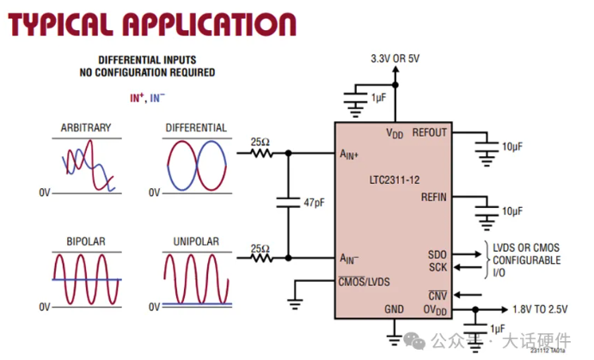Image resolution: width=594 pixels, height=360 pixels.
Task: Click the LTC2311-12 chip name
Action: point(395,180)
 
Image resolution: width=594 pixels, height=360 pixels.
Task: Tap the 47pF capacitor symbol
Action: point(288,203)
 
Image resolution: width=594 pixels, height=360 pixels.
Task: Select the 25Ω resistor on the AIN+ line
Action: point(261,153)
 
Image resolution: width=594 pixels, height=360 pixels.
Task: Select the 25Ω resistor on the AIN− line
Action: point(261,258)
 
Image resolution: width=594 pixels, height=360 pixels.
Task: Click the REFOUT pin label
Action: point(429,132)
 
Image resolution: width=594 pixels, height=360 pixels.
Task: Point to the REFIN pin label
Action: point(434,198)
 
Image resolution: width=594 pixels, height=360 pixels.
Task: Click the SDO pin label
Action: point(438,254)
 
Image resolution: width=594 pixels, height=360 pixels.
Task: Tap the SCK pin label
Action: point(438,267)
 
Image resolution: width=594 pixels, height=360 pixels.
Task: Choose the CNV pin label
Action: point(438,296)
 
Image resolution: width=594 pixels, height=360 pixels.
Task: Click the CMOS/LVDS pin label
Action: point(364,282)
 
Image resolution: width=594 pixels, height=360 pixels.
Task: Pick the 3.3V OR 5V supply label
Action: point(395,58)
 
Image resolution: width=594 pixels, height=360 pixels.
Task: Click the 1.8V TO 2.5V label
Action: point(540,309)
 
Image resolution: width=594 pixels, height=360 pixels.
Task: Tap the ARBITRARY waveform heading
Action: point(86,127)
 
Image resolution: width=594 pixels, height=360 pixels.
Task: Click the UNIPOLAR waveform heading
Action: point(196,241)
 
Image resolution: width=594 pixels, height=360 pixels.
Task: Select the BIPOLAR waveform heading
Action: point(86,241)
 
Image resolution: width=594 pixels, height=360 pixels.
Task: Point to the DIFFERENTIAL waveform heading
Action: point(196,127)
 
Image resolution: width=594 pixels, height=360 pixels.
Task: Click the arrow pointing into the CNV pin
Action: point(468,295)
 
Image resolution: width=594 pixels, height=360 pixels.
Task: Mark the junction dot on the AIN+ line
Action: point(288,153)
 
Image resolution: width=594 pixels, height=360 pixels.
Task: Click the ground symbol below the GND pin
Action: point(394,339)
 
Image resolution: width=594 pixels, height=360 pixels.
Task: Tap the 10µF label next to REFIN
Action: point(512,211)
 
